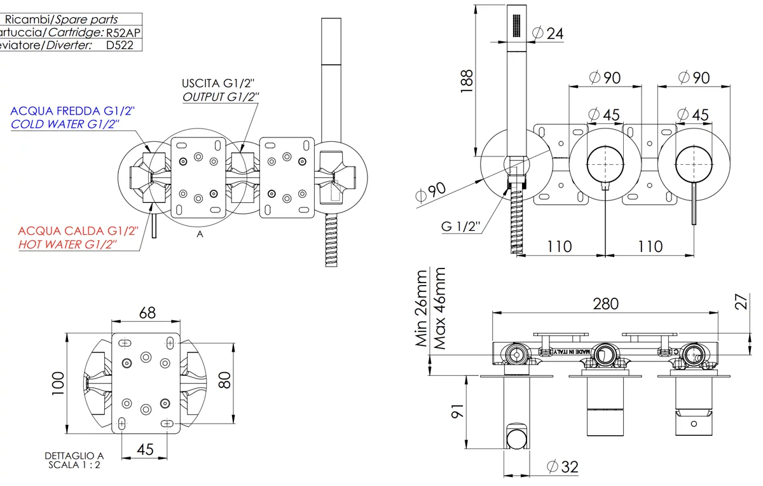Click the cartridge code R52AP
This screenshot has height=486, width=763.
(123, 32)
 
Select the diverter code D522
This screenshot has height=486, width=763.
(120, 45)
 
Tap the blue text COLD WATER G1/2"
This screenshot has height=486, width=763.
(65, 124)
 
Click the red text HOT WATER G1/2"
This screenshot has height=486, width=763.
(67, 244)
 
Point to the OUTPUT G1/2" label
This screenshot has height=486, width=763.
(221, 97)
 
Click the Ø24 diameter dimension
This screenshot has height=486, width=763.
(548, 32)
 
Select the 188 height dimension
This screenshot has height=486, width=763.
(467, 81)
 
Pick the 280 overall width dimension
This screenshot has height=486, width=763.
(605, 303)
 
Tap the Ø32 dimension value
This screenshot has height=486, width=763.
(562, 467)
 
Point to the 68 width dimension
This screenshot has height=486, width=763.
(147, 312)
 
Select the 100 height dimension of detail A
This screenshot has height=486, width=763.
(58, 384)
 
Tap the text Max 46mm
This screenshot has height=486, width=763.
(439, 308)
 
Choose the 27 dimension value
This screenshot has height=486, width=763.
(740, 300)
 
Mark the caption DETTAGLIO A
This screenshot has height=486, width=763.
(74, 455)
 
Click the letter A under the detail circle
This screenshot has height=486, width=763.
(200, 234)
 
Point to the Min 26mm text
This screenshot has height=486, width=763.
(422, 308)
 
